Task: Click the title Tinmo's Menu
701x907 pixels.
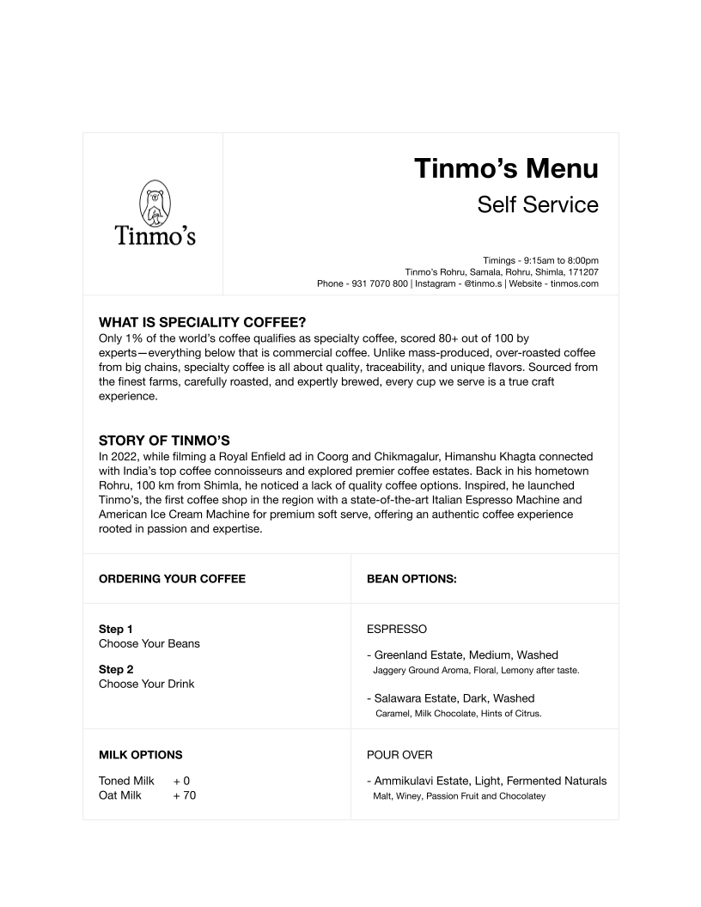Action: (506, 168)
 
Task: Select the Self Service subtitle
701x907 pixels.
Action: (538, 205)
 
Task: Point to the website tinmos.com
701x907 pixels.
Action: (574, 283)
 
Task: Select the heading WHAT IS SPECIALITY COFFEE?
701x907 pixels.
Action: (203, 323)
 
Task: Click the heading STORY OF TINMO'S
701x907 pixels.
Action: (164, 441)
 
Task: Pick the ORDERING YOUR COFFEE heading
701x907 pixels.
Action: (172, 579)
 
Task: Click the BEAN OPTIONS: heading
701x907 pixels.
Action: (411, 579)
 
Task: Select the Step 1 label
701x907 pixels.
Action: (116, 629)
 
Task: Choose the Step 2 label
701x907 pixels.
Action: (116, 669)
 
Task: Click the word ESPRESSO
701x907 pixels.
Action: (397, 630)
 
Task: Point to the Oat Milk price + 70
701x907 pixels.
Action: (185, 796)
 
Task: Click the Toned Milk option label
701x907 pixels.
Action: (126, 781)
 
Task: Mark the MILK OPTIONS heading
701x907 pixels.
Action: (141, 755)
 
